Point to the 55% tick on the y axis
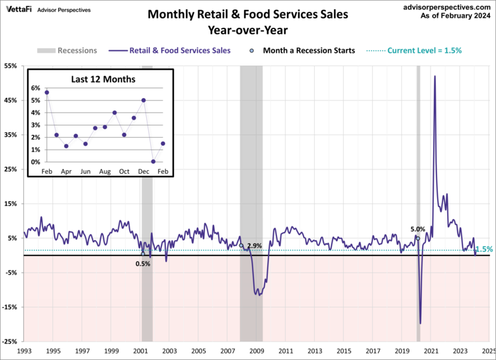coord(12,66)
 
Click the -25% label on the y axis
coord(11,341)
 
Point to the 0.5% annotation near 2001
coord(143,263)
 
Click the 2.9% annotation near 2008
coord(254,246)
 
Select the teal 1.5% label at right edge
coord(484,249)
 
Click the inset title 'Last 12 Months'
coord(103,79)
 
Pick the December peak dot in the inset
coord(144,101)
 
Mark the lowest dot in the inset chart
coord(153,161)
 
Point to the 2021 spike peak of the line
coord(434,76)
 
